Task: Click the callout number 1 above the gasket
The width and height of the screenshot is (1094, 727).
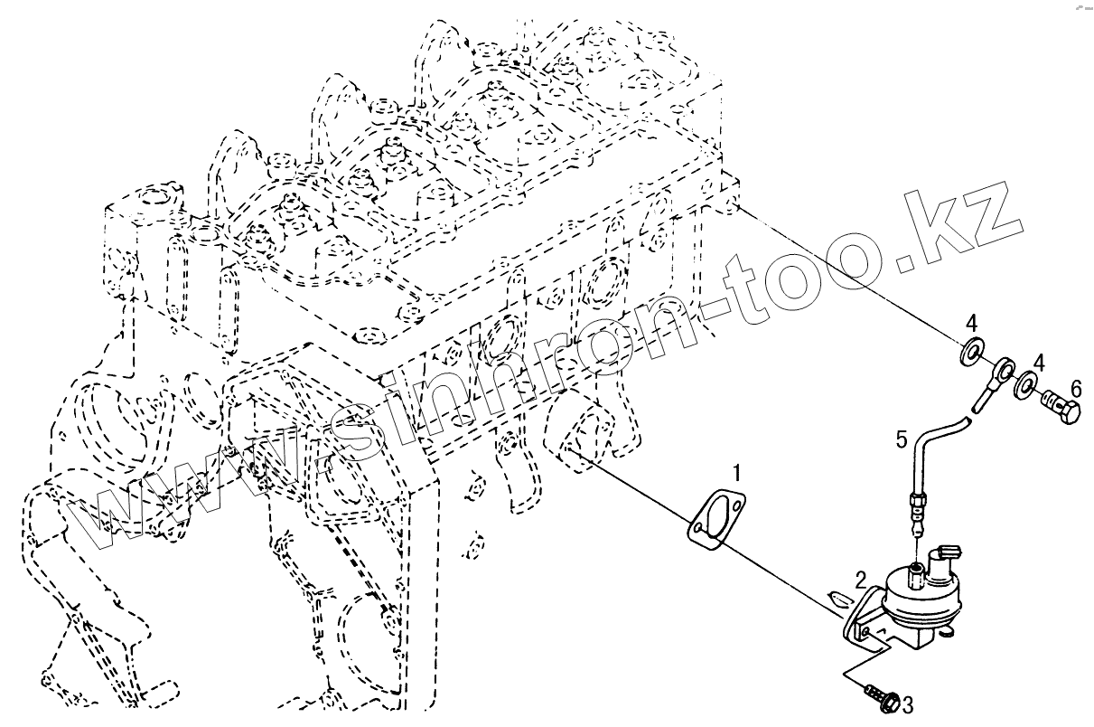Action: click(738, 472)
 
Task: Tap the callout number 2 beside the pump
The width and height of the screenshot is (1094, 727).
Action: click(861, 580)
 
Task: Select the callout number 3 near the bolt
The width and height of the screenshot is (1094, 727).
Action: click(908, 704)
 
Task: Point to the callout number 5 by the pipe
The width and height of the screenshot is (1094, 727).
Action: click(901, 441)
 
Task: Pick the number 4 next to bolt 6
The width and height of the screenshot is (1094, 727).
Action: click(1039, 363)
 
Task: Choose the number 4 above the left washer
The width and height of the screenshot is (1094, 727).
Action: click(970, 322)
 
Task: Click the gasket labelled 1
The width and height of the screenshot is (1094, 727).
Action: click(718, 516)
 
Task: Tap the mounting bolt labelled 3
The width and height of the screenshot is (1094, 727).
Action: click(881, 696)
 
